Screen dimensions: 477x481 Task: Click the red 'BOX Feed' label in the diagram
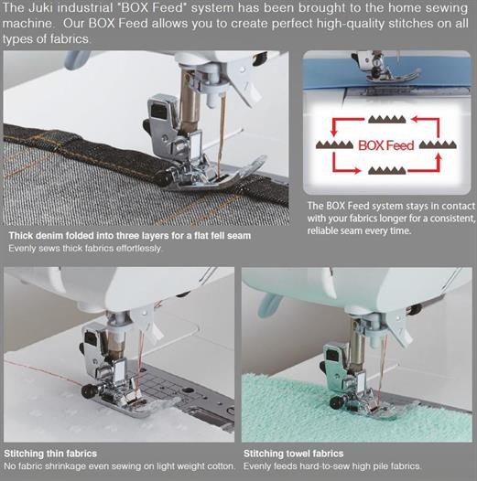pyautogui.click(x=385, y=145)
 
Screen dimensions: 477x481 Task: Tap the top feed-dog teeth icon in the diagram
pyautogui.click(x=387, y=119)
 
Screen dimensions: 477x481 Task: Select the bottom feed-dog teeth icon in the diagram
pyautogui.click(x=387, y=170)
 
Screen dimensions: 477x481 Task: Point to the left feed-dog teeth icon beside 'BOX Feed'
pyautogui.click(x=334, y=144)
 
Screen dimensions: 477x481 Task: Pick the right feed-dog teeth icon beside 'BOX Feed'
pyautogui.click(x=438, y=144)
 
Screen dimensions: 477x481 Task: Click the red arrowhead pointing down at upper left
pyautogui.click(x=333, y=133)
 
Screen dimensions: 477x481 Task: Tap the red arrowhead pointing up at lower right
pyautogui.click(x=439, y=157)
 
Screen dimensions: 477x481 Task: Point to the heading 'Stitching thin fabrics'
pyautogui.click(x=50, y=454)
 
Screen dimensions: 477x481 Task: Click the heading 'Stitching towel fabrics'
pyautogui.click(x=293, y=454)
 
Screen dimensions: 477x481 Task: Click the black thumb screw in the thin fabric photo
pyautogui.click(x=88, y=391)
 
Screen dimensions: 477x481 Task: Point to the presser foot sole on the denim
pyautogui.click(x=215, y=177)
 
